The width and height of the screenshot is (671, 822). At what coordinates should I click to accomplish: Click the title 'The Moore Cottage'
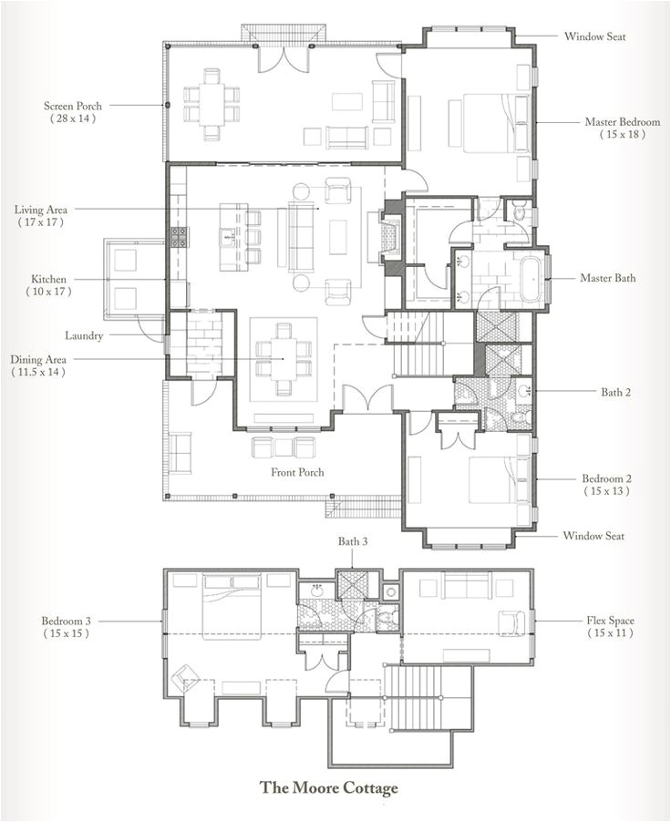(328, 786)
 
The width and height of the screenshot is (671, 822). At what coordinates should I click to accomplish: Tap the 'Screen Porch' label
(71, 105)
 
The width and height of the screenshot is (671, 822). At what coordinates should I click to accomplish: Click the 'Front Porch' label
(297, 472)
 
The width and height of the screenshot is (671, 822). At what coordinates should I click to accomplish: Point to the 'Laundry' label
(83, 335)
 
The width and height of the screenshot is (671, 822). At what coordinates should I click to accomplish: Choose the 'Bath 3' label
(353, 541)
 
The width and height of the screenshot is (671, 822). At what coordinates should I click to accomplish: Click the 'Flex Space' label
(610, 621)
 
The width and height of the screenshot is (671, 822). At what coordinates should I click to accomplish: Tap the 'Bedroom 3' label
(65, 621)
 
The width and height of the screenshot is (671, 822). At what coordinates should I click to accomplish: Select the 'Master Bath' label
(608, 278)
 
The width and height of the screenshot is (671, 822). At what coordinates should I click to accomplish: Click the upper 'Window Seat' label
(594, 36)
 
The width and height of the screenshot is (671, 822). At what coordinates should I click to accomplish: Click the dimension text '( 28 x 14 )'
(71, 118)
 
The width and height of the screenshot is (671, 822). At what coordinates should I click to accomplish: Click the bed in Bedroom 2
(492, 479)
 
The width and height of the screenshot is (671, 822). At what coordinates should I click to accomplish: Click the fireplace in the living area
(391, 239)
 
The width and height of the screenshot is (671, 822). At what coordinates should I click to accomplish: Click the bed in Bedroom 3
(231, 606)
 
